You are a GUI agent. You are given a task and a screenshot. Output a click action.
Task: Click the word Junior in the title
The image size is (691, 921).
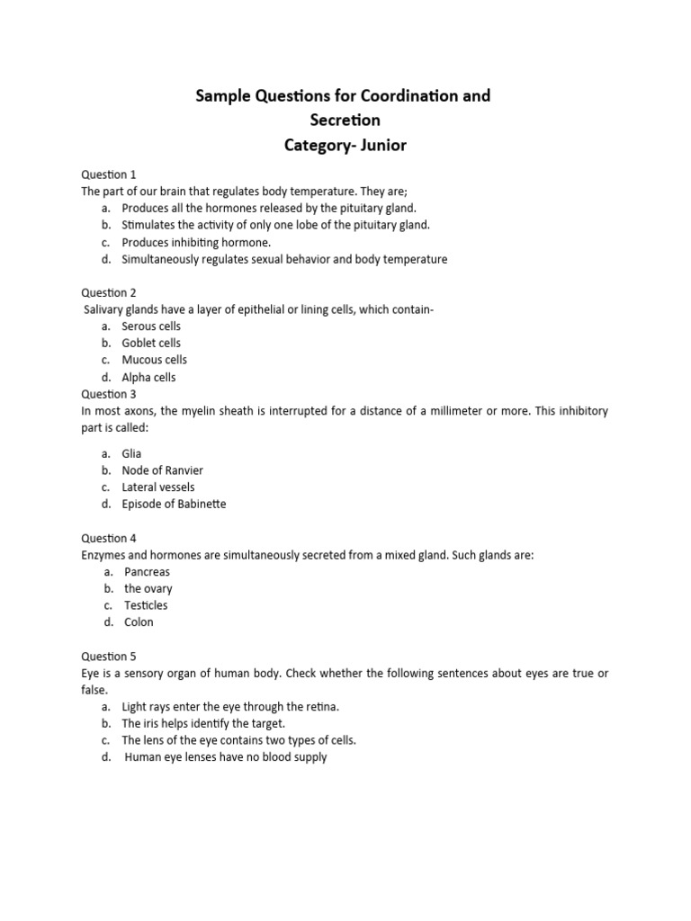point(381,145)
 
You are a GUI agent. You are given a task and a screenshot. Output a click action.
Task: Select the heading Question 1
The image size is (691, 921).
point(109,174)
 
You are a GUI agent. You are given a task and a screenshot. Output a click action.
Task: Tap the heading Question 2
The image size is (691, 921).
point(109,292)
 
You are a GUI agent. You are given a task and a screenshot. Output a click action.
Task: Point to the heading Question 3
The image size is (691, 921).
point(109,394)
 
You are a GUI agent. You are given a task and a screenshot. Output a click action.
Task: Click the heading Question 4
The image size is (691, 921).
point(109,538)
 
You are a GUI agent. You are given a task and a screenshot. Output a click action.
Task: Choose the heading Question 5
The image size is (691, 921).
point(109,657)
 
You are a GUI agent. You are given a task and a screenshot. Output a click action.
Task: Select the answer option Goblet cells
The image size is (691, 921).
point(151,343)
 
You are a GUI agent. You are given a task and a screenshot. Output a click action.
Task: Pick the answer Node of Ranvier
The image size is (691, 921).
point(162,470)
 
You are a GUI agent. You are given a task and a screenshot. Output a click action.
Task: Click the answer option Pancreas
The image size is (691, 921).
point(147,572)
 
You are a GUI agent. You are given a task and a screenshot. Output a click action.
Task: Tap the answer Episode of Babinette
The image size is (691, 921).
point(174,504)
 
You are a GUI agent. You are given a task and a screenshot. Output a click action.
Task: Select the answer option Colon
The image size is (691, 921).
point(139,621)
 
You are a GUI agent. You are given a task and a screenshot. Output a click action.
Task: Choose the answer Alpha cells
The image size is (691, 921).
point(148,378)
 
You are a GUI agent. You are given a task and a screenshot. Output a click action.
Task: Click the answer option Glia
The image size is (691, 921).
point(131,453)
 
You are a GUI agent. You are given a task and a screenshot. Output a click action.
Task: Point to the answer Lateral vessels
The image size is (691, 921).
point(158,487)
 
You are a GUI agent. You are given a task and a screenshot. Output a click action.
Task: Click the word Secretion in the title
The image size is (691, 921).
point(343,120)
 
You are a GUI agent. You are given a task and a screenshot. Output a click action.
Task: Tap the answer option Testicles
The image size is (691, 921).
point(146,605)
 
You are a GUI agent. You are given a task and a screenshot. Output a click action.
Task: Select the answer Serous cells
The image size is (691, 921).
point(151,326)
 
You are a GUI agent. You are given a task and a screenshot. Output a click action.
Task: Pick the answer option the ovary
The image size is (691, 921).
point(148,588)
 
